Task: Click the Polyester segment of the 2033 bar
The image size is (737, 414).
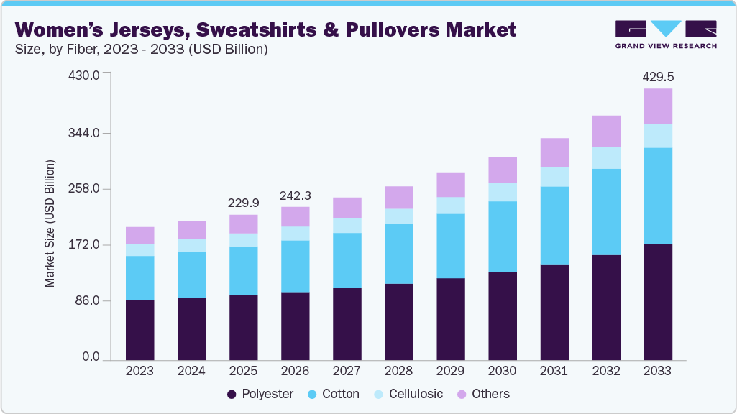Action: pos(658,302)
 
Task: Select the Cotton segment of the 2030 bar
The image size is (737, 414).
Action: pos(503,236)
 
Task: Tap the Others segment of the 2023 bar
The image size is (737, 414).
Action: pos(140,235)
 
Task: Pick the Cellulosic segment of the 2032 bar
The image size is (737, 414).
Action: pos(606,158)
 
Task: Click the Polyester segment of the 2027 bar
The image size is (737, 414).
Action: pos(347,323)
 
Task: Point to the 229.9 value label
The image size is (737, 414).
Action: pos(244,203)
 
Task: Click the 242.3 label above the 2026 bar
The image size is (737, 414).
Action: pos(296,195)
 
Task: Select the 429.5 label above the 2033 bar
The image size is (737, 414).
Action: pos(658,77)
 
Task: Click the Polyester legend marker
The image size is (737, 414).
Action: pos(232,395)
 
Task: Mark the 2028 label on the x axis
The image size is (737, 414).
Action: pos(399,371)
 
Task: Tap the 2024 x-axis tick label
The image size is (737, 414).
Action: pos(192,371)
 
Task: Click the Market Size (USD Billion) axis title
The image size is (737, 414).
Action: pos(50,224)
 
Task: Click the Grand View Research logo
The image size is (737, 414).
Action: pos(666,34)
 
